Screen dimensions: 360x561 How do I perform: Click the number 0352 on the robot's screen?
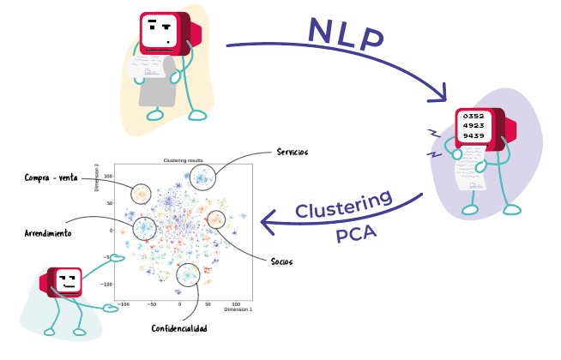point(474,115)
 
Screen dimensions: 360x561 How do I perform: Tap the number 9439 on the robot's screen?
point(474,135)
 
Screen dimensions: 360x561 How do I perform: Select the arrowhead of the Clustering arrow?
point(266,225)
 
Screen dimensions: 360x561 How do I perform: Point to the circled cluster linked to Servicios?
point(202,177)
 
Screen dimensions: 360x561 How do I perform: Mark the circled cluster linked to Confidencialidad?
point(187,274)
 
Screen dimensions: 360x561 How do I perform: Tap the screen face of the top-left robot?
point(160,32)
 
